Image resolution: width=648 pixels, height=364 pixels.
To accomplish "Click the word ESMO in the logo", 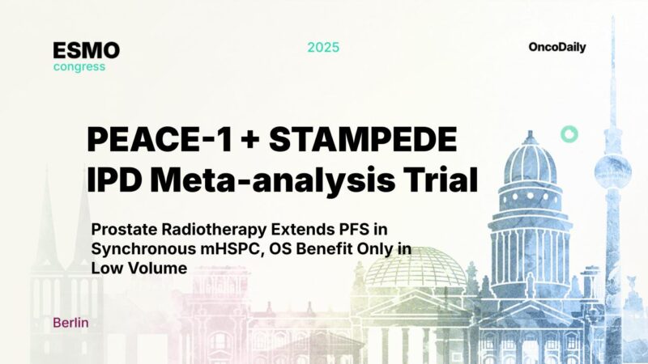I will click(x=87, y=50).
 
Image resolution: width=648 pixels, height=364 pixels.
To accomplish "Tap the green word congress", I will click(x=79, y=67).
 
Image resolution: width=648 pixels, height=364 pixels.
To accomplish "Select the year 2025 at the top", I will click(x=323, y=47).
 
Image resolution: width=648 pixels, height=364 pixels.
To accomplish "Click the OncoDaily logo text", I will click(x=557, y=47).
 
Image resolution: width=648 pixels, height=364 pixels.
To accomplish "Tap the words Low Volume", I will click(x=140, y=268).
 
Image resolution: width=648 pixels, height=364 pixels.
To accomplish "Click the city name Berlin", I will click(x=71, y=323).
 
